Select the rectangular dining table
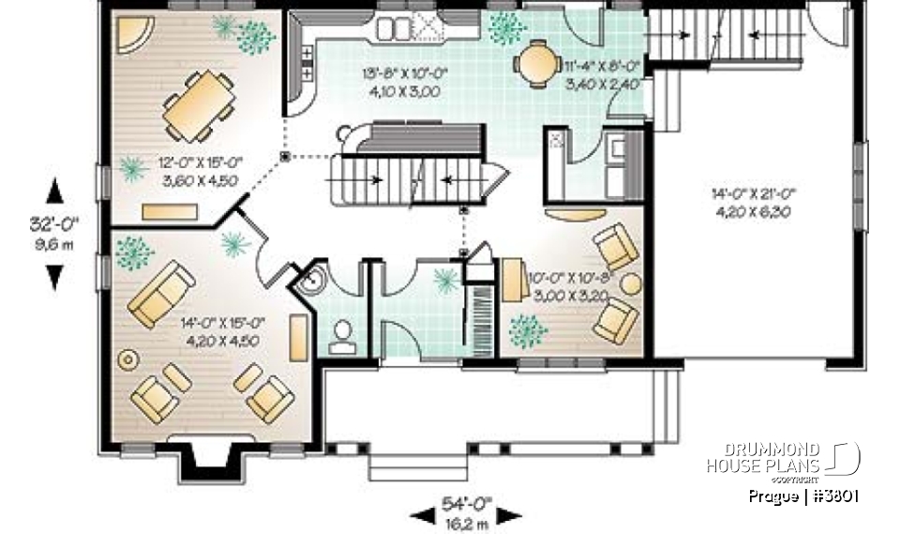(199, 105)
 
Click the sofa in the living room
(161, 293)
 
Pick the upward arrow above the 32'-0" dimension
(55, 191)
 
